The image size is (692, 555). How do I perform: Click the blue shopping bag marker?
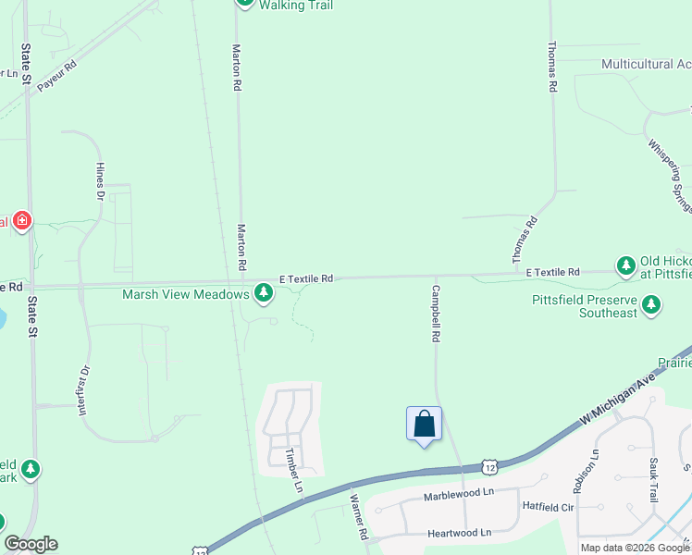point(424,425)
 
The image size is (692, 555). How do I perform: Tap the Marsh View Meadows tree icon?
point(265,294)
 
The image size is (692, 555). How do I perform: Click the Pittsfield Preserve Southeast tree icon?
point(652,303)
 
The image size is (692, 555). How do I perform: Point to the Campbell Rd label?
point(433,314)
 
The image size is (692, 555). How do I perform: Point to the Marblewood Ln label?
point(459,495)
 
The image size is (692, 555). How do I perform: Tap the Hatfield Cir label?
point(549,507)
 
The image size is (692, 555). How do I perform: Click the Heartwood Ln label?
point(459,534)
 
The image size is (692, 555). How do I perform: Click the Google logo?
point(31,544)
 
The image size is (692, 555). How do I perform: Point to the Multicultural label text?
point(646,65)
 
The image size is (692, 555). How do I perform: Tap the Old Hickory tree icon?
point(626,265)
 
